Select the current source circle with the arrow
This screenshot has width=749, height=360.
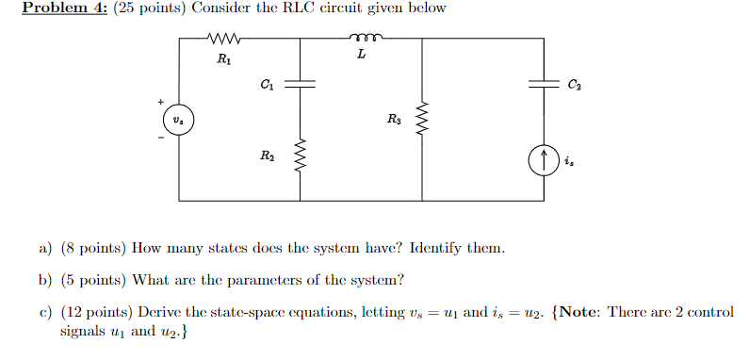(x=543, y=161)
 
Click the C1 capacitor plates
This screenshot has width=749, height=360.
(x=301, y=83)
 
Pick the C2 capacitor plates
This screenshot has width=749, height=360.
(x=543, y=83)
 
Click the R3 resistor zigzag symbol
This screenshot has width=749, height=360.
(x=421, y=119)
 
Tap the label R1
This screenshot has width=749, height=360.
(x=222, y=59)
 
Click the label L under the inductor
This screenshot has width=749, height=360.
(x=362, y=57)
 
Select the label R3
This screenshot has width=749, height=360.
(x=393, y=119)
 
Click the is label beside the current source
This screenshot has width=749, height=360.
(x=568, y=161)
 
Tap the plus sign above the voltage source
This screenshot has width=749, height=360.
(x=161, y=101)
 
